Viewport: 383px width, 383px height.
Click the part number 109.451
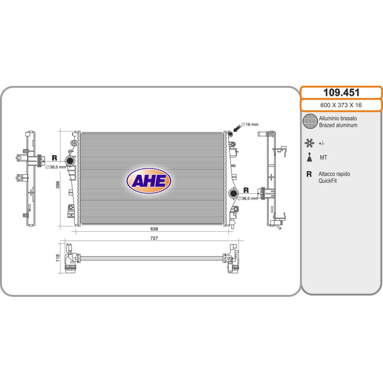tap(341, 92)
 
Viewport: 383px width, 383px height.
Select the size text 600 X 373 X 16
tap(341, 105)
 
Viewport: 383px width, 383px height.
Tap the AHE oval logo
tap(149, 181)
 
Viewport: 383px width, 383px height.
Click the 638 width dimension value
tap(154, 229)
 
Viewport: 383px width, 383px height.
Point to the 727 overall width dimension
tap(154, 238)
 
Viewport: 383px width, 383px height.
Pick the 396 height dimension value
tap(58, 185)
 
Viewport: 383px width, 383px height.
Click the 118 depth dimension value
tap(57, 258)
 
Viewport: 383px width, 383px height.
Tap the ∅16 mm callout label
tap(249, 124)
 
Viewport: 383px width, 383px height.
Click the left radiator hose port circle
tap(70, 161)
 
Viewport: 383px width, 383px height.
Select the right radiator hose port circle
tap(234, 193)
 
